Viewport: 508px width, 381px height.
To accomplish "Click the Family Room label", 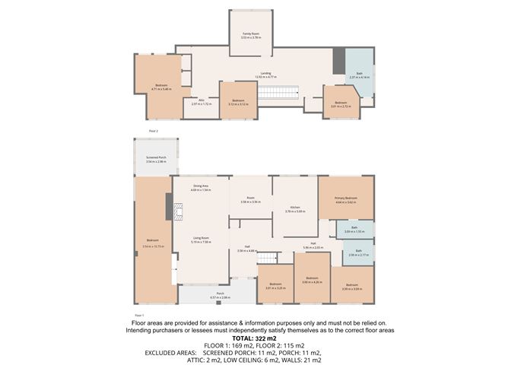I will (x=251, y=34).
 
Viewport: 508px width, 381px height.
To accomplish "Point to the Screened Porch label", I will (x=157, y=157).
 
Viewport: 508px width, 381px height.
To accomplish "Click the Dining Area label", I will (x=201, y=186).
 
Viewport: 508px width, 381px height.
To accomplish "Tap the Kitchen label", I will (x=294, y=208).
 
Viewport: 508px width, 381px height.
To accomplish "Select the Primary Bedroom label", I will (x=346, y=198).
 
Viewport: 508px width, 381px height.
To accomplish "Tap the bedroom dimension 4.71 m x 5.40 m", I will (x=161, y=89).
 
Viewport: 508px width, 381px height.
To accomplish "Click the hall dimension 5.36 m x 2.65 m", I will (x=313, y=247).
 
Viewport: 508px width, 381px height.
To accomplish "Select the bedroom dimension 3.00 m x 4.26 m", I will (x=313, y=282).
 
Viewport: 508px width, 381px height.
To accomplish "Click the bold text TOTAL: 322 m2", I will (x=254, y=337).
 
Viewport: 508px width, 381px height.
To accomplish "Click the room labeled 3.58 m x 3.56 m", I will (x=250, y=200).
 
